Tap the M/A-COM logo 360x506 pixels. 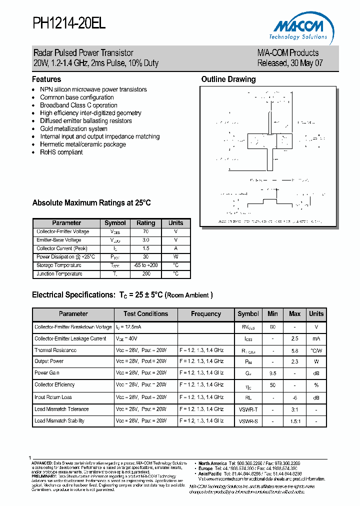point(299,28)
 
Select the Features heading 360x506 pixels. point(46,79)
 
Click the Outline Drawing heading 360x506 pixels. point(228,79)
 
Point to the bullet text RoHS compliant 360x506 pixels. point(61,152)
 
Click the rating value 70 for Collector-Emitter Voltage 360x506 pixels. point(145,232)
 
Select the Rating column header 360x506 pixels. point(145,223)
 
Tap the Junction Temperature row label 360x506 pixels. point(59,274)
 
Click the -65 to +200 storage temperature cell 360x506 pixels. point(145,265)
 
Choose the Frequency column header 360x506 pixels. point(205,314)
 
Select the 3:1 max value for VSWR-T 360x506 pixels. point(294,409)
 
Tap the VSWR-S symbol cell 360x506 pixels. point(248,421)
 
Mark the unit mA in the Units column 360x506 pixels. point(316,338)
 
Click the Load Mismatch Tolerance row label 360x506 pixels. point(61,409)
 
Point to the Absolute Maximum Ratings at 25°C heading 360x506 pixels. point(91,203)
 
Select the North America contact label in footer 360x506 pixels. point(212,463)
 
